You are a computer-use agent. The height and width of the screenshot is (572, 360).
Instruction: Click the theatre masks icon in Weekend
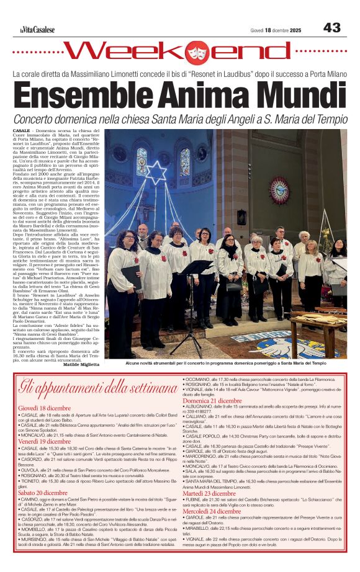[x=198, y=53]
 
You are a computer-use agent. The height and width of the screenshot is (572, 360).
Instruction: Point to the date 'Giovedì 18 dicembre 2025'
[x=276, y=30]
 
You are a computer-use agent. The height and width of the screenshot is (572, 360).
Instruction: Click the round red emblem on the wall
[x=279, y=190]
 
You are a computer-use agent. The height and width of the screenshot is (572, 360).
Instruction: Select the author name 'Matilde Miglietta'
[x=81, y=365]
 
